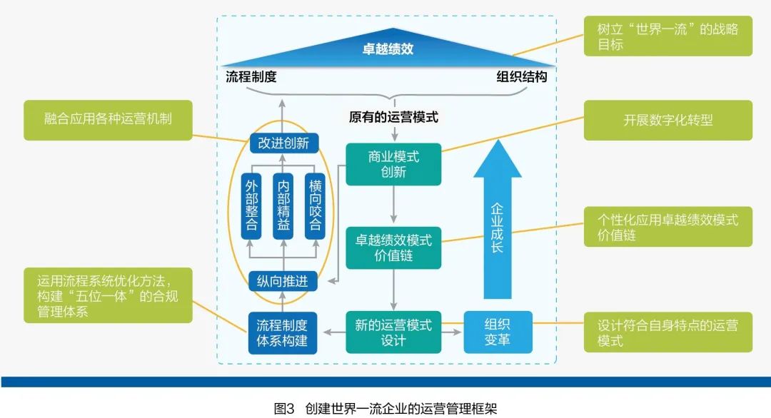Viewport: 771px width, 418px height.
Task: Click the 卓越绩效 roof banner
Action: (387, 50)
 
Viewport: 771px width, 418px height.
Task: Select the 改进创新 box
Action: (283, 143)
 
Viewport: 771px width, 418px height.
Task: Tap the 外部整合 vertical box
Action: (251, 204)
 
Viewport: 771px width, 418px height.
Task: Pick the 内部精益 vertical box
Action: (283, 204)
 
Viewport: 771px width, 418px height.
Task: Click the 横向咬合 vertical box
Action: (315, 204)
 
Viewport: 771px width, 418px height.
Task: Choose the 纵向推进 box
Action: (283, 281)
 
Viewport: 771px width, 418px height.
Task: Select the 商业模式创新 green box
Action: (393, 164)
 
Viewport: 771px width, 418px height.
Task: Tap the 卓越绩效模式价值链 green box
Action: (393, 248)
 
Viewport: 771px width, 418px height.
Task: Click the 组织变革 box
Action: (498, 332)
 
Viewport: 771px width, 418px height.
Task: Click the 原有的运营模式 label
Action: (393, 117)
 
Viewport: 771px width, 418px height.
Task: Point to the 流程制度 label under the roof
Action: (251, 77)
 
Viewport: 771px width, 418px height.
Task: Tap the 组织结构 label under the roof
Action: (522, 77)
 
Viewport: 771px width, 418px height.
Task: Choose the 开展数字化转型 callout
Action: (667, 120)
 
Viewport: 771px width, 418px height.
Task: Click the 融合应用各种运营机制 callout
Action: (108, 120)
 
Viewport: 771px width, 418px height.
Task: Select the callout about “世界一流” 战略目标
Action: (667, 36)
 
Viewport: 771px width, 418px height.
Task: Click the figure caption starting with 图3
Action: (385, 408)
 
